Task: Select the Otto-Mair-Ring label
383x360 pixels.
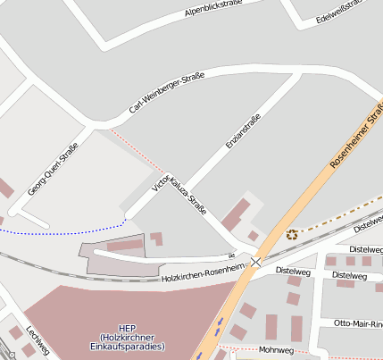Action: (x=357, y=322)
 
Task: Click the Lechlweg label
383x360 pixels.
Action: (x=37, y=339)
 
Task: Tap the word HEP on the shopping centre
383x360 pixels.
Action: (x=128, y=328)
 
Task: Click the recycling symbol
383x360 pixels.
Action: (x=292, y=235)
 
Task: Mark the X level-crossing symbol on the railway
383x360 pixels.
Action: (x=256, y=262)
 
